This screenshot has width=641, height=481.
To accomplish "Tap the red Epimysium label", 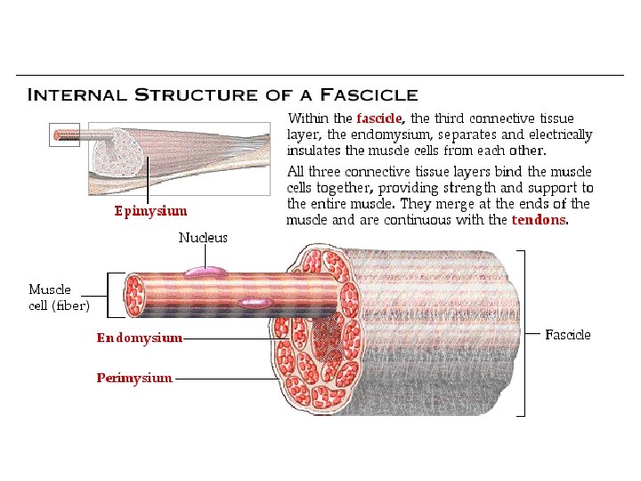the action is tap(150, 211).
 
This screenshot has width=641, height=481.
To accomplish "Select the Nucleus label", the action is tap(203, 238).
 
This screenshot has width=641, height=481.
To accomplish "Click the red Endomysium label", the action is tap(140, 338).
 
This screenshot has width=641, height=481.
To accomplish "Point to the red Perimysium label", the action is tap(134, 378).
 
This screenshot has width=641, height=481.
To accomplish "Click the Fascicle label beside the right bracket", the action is tap(567, 335).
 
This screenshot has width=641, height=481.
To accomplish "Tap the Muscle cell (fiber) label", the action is tap(59, 298).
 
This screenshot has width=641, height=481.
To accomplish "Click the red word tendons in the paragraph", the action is tap(539, 220).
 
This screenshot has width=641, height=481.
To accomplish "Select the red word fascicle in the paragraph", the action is tap(380, 118).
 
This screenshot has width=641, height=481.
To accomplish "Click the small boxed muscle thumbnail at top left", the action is tap(64, 135).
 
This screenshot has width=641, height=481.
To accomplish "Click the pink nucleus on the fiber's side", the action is tap(256, 303).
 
